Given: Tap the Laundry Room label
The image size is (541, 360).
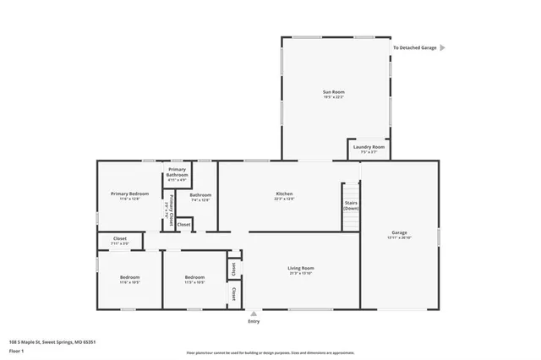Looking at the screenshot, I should [368, 149].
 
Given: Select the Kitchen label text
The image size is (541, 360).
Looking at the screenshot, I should [284, 196].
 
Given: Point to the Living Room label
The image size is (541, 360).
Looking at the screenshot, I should [301, 270].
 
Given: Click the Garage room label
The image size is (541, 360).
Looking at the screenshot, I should [399, 234].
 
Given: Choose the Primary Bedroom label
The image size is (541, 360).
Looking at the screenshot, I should [129, 196].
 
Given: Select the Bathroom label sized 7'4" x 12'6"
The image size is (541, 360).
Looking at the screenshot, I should [200, 198].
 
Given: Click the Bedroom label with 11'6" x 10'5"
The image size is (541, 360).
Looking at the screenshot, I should [129, 280].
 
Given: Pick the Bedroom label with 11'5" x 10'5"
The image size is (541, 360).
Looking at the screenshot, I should [195, 280].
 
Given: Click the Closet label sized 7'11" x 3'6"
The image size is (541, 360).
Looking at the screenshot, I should [119, 241].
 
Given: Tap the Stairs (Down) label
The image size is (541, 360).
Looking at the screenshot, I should [351, 205].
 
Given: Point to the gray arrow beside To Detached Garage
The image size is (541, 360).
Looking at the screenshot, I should [442, 48].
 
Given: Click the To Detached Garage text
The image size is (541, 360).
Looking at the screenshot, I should [414, 48].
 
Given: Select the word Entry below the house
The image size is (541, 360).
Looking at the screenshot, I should [254, 322].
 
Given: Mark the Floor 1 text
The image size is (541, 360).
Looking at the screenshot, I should [16, 349].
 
